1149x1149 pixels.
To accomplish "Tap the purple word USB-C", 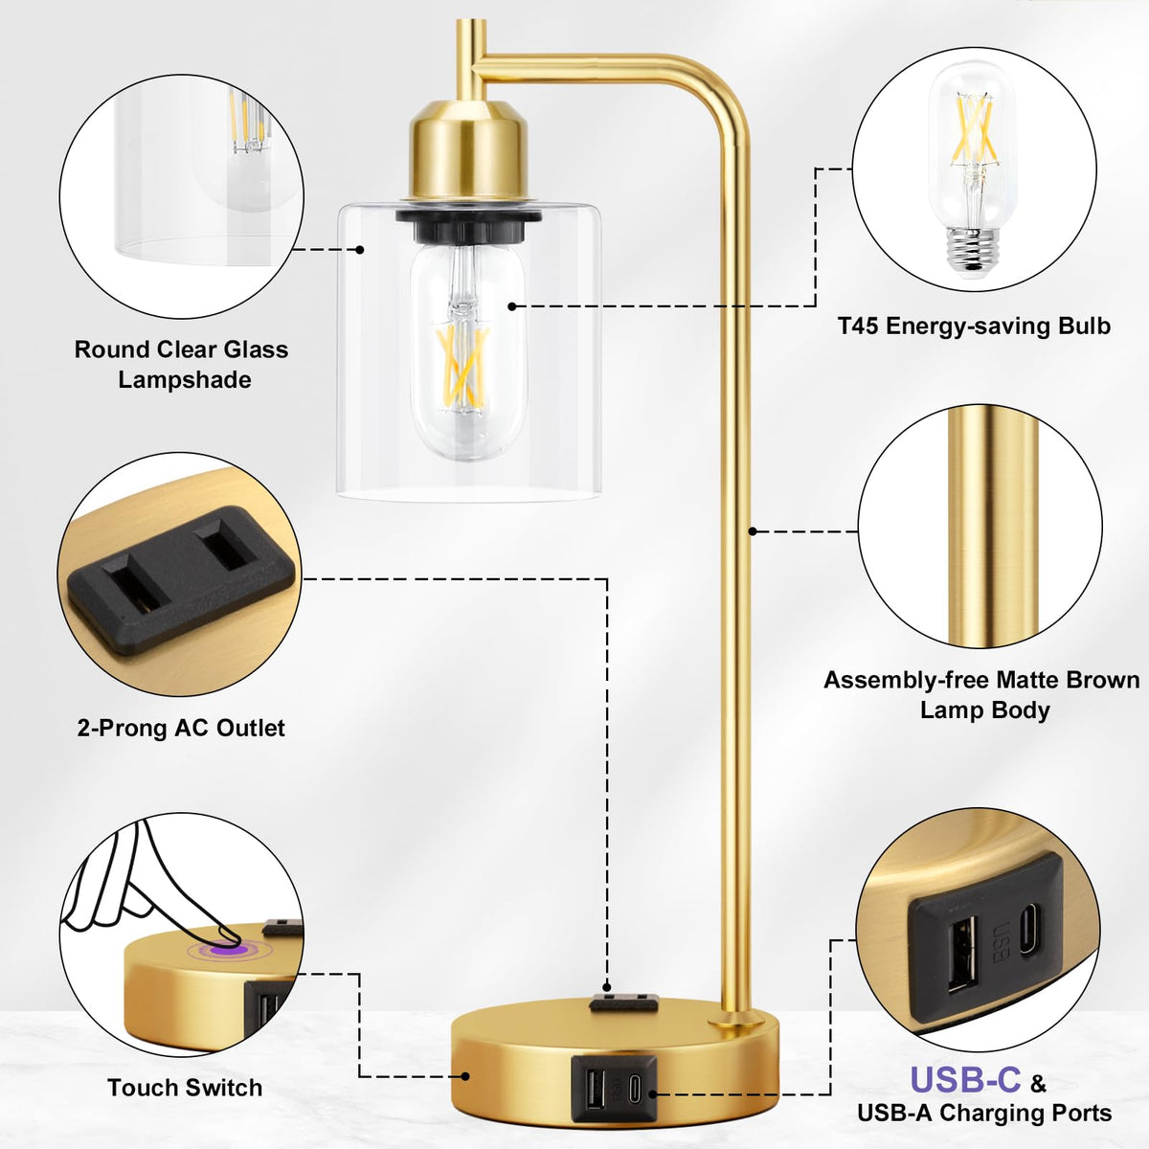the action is click(965, 1079).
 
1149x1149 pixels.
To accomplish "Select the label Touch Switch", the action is click(185, 1088).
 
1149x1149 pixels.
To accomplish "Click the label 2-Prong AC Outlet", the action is click(181, 728).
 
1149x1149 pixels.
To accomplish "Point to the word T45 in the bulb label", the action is click(858, 327).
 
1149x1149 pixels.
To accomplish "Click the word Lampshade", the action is click(185, 380).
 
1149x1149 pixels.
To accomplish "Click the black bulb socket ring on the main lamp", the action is click(468, 223).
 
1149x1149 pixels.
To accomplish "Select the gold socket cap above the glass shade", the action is click(468, 152).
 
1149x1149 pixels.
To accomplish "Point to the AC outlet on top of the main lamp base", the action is click(622, 1002).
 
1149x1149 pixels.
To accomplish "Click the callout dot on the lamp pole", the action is click(753, 530).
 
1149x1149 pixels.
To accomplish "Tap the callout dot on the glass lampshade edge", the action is click(360, 249).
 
